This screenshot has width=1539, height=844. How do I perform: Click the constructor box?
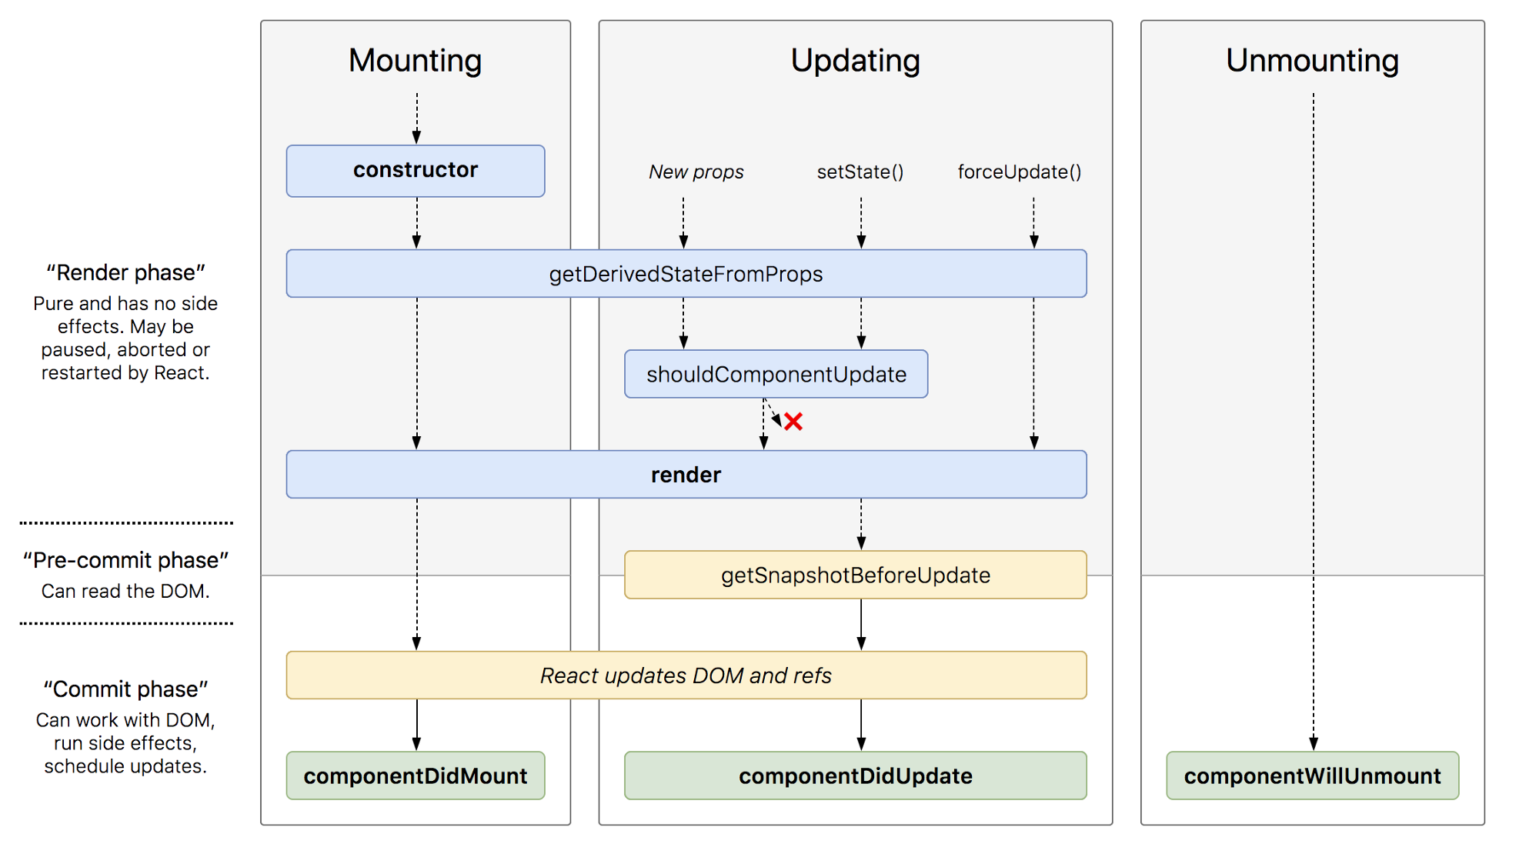point(416,171)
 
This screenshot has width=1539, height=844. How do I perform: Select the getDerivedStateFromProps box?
point(686,274)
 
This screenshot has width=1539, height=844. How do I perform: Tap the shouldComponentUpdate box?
point(776,375)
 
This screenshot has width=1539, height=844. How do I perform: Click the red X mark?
point(793,422)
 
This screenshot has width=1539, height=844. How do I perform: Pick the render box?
point(686,475)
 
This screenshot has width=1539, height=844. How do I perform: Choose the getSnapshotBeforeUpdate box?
point(855,575)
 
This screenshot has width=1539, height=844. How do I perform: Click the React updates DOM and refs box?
point(686,676)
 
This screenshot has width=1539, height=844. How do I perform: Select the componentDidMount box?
point(416,776)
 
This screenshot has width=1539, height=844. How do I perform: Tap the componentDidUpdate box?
point(855,776)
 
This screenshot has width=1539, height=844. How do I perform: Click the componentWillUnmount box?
point(1312,776)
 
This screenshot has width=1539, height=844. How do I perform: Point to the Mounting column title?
point(416,61)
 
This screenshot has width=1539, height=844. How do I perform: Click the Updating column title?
point(855,61)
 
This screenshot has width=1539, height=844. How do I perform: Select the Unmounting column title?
point(1312,61)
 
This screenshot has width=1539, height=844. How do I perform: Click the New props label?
point(696,172)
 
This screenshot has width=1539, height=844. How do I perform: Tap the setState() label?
point(860,172)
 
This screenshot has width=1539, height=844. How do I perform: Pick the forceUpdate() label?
point(1019,172)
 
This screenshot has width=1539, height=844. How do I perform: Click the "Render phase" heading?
point(125,273)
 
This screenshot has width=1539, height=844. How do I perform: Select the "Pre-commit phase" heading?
point(125,560)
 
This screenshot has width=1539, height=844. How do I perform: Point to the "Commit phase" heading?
point(125,689)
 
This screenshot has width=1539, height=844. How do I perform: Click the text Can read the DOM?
point(125,591)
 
